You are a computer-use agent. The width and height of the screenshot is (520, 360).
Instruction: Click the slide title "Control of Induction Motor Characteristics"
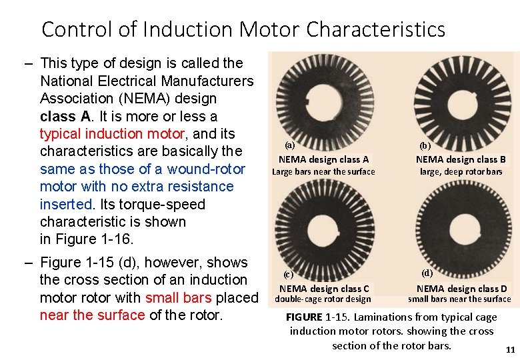pyautogui.click(x=243, y=29)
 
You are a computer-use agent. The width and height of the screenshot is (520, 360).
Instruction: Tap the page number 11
pyautogui.click(x=511, y=349)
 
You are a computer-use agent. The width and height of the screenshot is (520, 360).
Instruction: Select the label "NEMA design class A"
pyautogui.click(x=323, y=159)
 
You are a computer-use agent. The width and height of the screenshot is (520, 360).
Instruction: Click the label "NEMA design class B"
pyautogui.click(x=461, y=159)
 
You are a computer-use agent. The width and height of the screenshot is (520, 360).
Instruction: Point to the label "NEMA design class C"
pyautogui.click(x=324, y=289)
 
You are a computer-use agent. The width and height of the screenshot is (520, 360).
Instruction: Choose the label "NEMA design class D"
pyautogui.click(x=461, y=289)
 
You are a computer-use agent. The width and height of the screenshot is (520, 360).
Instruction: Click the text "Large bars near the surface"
pyautogui.click(x=323, y=172)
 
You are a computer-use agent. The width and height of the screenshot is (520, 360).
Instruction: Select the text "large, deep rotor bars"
pyautogui.click(x=461, y=172)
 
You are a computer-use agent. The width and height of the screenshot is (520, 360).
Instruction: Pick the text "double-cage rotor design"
pyautogui.click(x=323, y=299)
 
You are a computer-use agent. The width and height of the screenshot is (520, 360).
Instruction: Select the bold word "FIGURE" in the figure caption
pyautogui.click(x=304, y=317)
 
